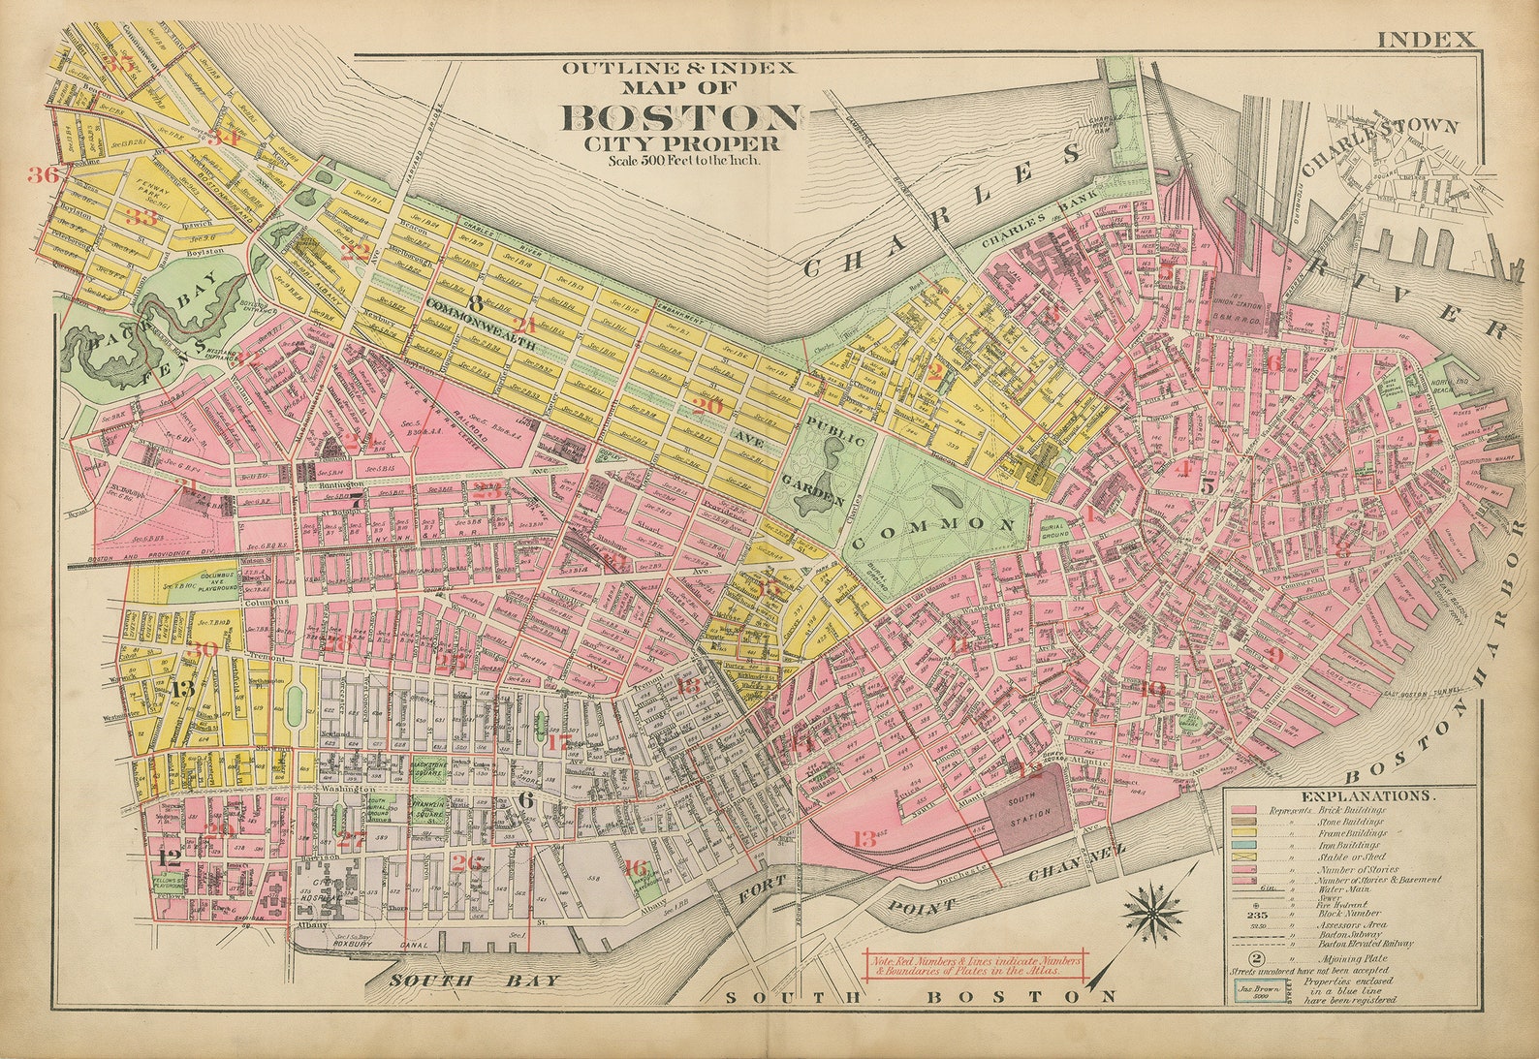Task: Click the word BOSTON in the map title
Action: point(681,117)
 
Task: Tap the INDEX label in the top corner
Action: point(1425,40)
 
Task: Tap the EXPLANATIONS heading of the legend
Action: point(1366,795)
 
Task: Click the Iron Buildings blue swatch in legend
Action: point(1243,845)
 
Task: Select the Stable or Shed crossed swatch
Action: point(1243,857)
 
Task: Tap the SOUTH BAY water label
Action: point(475,981)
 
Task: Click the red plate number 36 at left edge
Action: point(44,174)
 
